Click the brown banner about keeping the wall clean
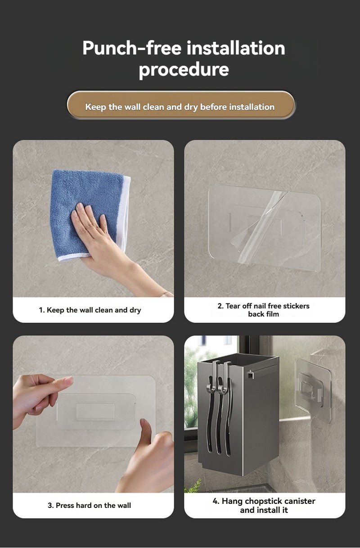pyautogui.click(x=181, y=105)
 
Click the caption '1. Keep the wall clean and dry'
pyautogui.click(x=90, y=310)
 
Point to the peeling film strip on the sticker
pyautogui.click(x=263, y=227)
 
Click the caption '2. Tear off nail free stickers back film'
pyautogui.click(x=263, y=310)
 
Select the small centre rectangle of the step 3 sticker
pyautogui.click(x=95, y=412)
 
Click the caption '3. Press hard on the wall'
pyautogui.click(x=89, y=505)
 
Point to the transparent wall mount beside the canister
pyautogui.click(x=313, y=390)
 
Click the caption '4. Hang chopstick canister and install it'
pyautogui.click(x=264, y=505)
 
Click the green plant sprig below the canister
pyautogui.click(x=194, y=487)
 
